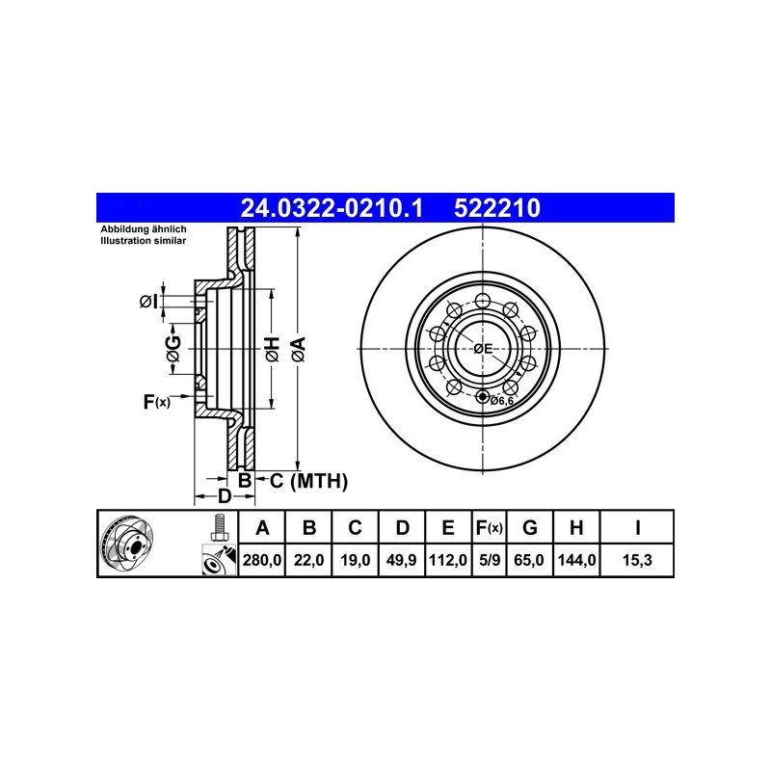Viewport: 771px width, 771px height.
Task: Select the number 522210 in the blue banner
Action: point(496,206)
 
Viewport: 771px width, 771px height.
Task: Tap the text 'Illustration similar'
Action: point(145,241)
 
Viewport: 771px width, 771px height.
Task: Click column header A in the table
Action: point(261,527)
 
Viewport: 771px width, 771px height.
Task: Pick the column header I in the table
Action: point(637,527)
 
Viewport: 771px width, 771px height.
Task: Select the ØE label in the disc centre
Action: point(482,348)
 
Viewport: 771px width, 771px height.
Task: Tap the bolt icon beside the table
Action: point(219,528)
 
